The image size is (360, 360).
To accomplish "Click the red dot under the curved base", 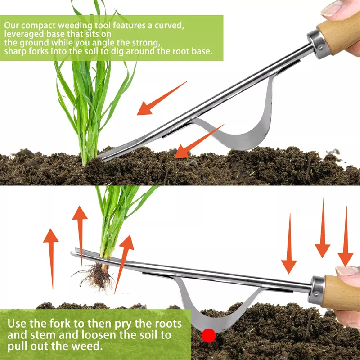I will (x=208, y=335).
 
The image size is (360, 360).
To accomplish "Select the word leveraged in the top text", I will (x=24, y=34).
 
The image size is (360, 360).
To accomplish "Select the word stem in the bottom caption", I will (x=49, y=335).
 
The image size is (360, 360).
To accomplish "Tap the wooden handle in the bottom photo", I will (x=342, y=291).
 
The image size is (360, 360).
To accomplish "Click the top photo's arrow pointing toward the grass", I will (x=160, y=99).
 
